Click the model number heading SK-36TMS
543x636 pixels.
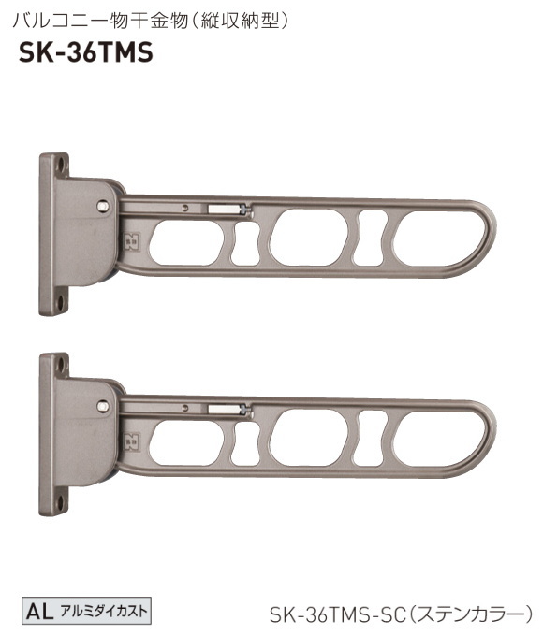point(85,53)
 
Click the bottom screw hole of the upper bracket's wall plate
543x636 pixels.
point(60,301)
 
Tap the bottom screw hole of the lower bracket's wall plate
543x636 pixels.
point(60,501)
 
